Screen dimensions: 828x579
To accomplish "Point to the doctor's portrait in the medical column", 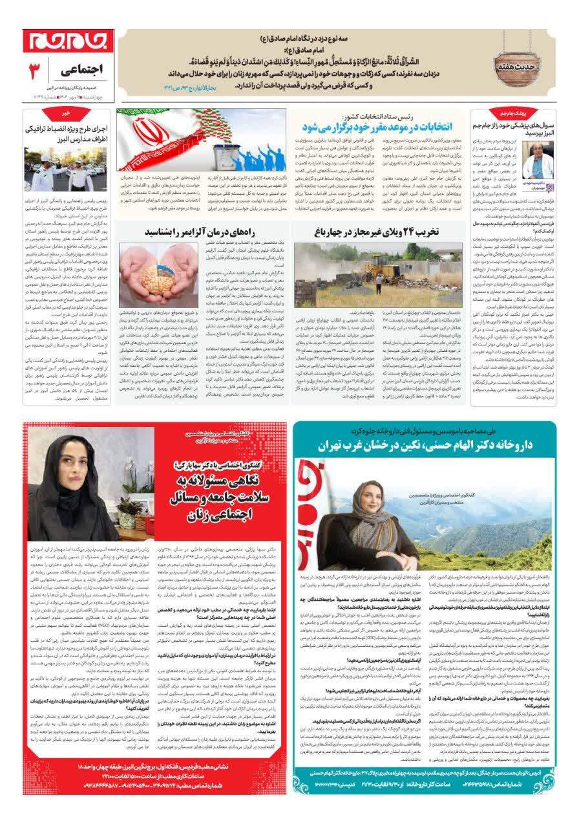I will (538, 159).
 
